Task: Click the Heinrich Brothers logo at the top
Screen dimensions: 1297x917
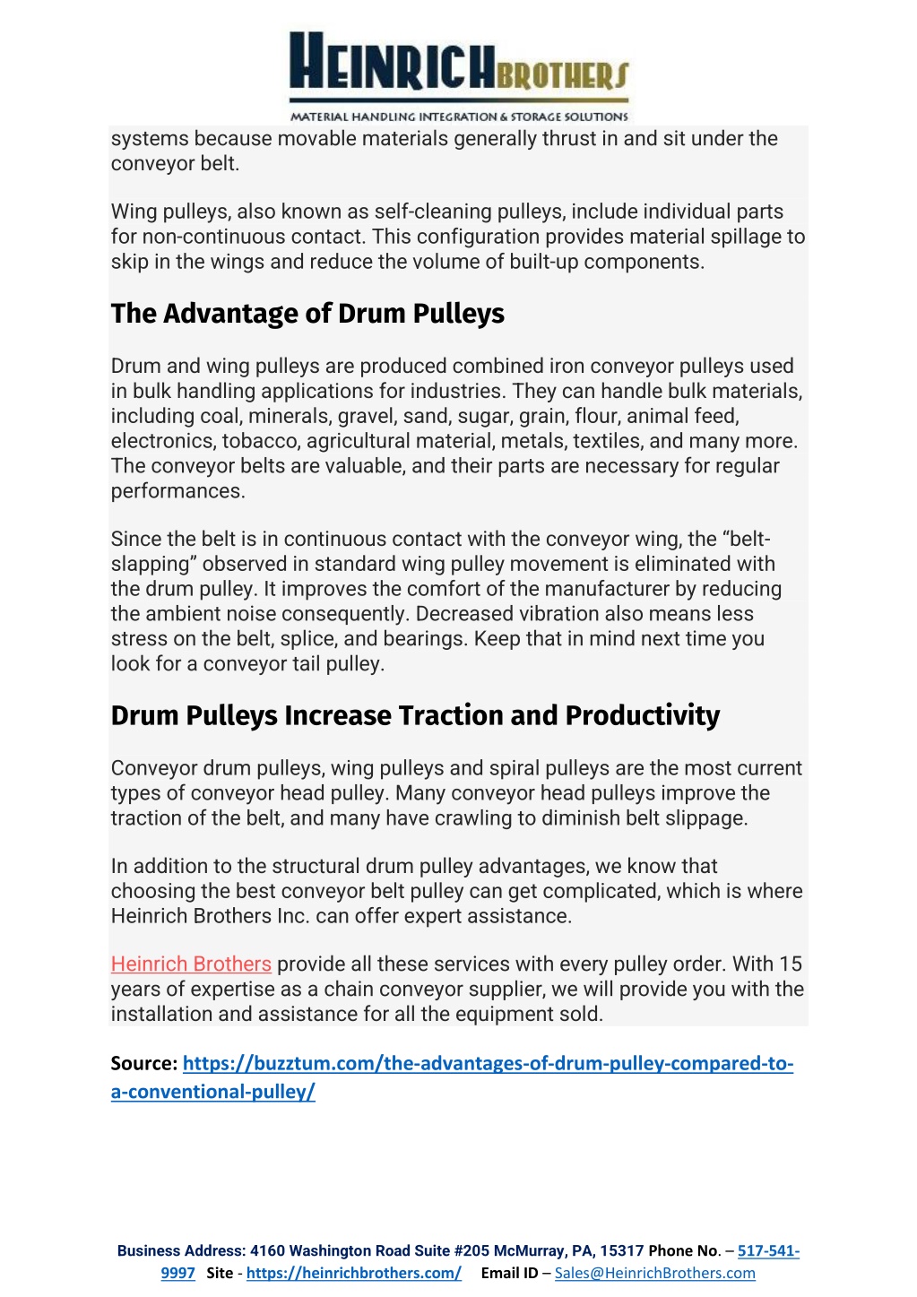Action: coord(459,76)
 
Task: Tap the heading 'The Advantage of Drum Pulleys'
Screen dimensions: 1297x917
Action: coord(307,314)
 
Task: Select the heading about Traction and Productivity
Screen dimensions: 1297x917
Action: coord(415,715)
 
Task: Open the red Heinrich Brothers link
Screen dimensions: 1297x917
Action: coord(191,964)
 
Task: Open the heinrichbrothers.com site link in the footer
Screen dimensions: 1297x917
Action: coord(354,1273)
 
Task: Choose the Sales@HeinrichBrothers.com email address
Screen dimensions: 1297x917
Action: coord(654,1273)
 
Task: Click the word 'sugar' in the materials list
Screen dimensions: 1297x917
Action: coord(485,416)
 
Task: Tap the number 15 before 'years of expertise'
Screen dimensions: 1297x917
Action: coord(791,964)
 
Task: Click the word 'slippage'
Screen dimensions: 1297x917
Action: coord(703,818)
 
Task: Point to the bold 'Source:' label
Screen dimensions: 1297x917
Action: coord(144,1064)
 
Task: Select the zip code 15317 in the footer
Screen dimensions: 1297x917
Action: coord(622,1250)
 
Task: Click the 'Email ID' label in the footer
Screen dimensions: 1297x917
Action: coord(509,1273)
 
